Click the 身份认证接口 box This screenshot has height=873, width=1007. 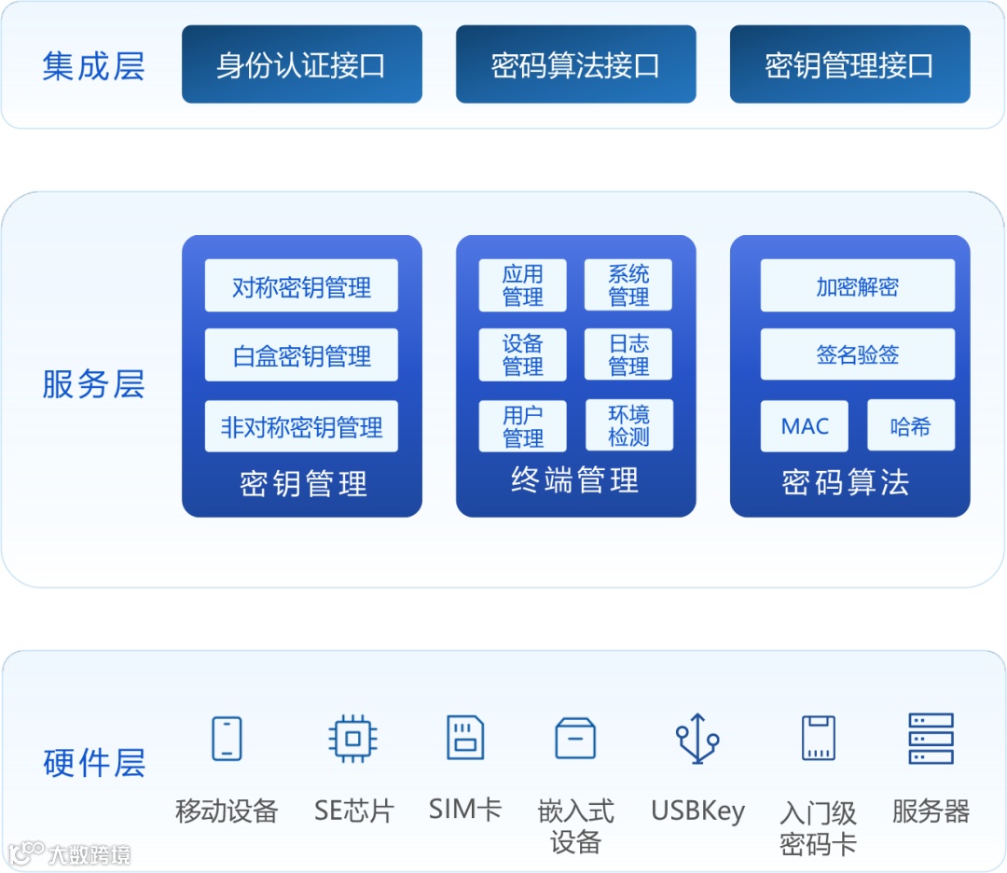point(301,64)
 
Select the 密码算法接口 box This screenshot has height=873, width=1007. point(575,64)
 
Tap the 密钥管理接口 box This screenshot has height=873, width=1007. point(849,64)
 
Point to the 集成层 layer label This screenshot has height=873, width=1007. point(93,66)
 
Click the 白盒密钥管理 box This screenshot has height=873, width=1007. point(301,355)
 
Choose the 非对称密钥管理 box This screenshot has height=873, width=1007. point(301,427)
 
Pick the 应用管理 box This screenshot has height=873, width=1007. point(522,285)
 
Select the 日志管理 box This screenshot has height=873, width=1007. point(628,355)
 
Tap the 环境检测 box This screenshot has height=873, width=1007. point(628,425)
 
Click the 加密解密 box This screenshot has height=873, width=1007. point(857,285)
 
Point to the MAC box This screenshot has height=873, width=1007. point(805,426)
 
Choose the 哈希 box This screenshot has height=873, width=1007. point(910,426)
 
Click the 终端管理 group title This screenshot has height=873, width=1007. point(575,480)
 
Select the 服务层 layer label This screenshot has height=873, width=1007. point(93,383)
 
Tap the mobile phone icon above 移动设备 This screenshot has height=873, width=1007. point(227,739)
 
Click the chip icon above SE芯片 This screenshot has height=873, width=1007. point(353,739)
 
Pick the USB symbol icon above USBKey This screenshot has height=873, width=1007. point(697,739)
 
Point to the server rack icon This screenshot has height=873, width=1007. point(931,739)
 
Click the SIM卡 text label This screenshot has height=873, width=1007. point(465,808)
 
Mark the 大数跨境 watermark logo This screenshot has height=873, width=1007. point(70,852)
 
